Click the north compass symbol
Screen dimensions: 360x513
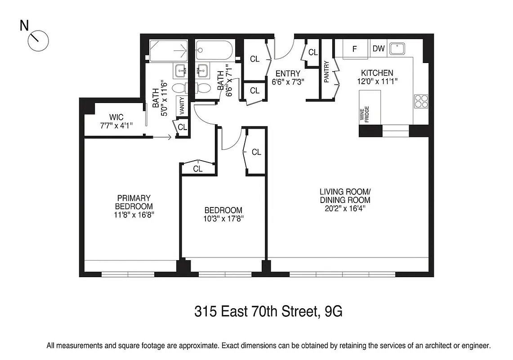point(38,41)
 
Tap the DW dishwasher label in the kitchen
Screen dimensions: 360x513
point(379,49)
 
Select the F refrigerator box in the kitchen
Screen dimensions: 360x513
point(354,49)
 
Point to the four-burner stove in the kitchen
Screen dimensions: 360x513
point(421,101)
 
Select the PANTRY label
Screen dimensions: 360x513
point(327,72)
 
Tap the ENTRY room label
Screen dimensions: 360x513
point(288,74)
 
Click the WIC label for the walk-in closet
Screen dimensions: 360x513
point(116,117)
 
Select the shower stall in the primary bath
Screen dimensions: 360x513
point(169,51)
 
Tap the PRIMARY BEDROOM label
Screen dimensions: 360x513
point(134,202)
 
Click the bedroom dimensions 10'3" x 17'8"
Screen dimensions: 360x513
point(223,219)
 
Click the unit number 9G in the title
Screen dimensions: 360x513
point(335,311)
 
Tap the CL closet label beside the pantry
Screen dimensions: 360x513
point(313,53)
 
